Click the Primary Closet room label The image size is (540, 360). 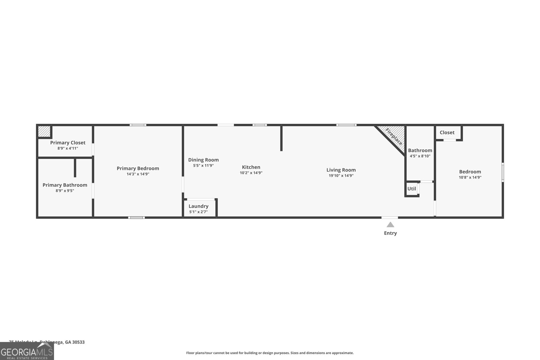[x=67, y=143]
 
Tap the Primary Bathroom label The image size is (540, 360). [x=65, y=185]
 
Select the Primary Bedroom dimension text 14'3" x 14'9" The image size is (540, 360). [x=138, y=174]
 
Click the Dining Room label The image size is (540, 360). [x=203, y=160]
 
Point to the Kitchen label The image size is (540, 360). [x=251, y=167]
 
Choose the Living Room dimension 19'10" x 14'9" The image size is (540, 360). [x=341, y=175]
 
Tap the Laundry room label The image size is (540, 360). [x=198, y=206]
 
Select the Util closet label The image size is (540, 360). [x=411, y=189]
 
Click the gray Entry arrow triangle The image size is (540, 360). [x=390, y=225]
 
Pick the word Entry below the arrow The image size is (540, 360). [x=390, y=233]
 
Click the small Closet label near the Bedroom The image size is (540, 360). [x=447, y=133]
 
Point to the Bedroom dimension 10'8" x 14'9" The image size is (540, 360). [x=470, y=177]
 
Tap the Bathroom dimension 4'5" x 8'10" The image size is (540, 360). [x=420, y=156]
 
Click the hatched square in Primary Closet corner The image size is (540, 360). [x=44, y=131]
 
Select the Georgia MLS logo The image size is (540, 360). [x=27, y=351]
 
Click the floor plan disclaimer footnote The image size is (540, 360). [x=270, y=353]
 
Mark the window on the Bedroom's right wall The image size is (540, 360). [x=503, y=172]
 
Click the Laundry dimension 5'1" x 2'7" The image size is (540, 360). [x=198, y=212]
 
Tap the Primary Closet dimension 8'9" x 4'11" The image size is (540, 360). [x=67, y=148]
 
